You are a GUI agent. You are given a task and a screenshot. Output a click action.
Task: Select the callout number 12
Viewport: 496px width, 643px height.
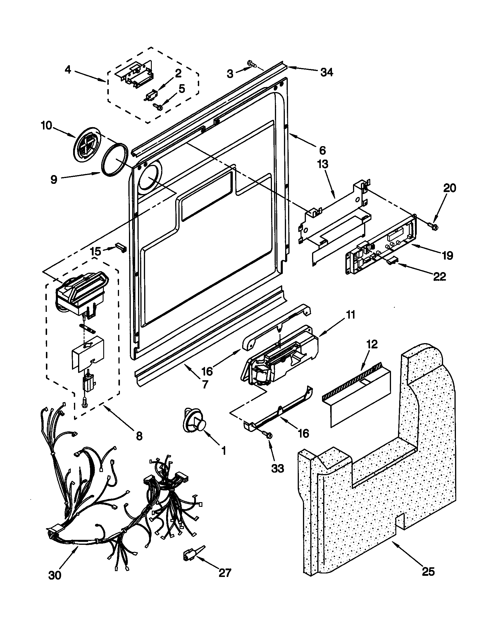click(x=372, y=344)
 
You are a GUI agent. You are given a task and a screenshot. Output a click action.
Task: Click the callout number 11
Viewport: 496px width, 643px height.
click(x=350, y=315)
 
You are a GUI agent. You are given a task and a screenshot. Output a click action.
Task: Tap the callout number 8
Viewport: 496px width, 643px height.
click(x=139, y=435)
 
